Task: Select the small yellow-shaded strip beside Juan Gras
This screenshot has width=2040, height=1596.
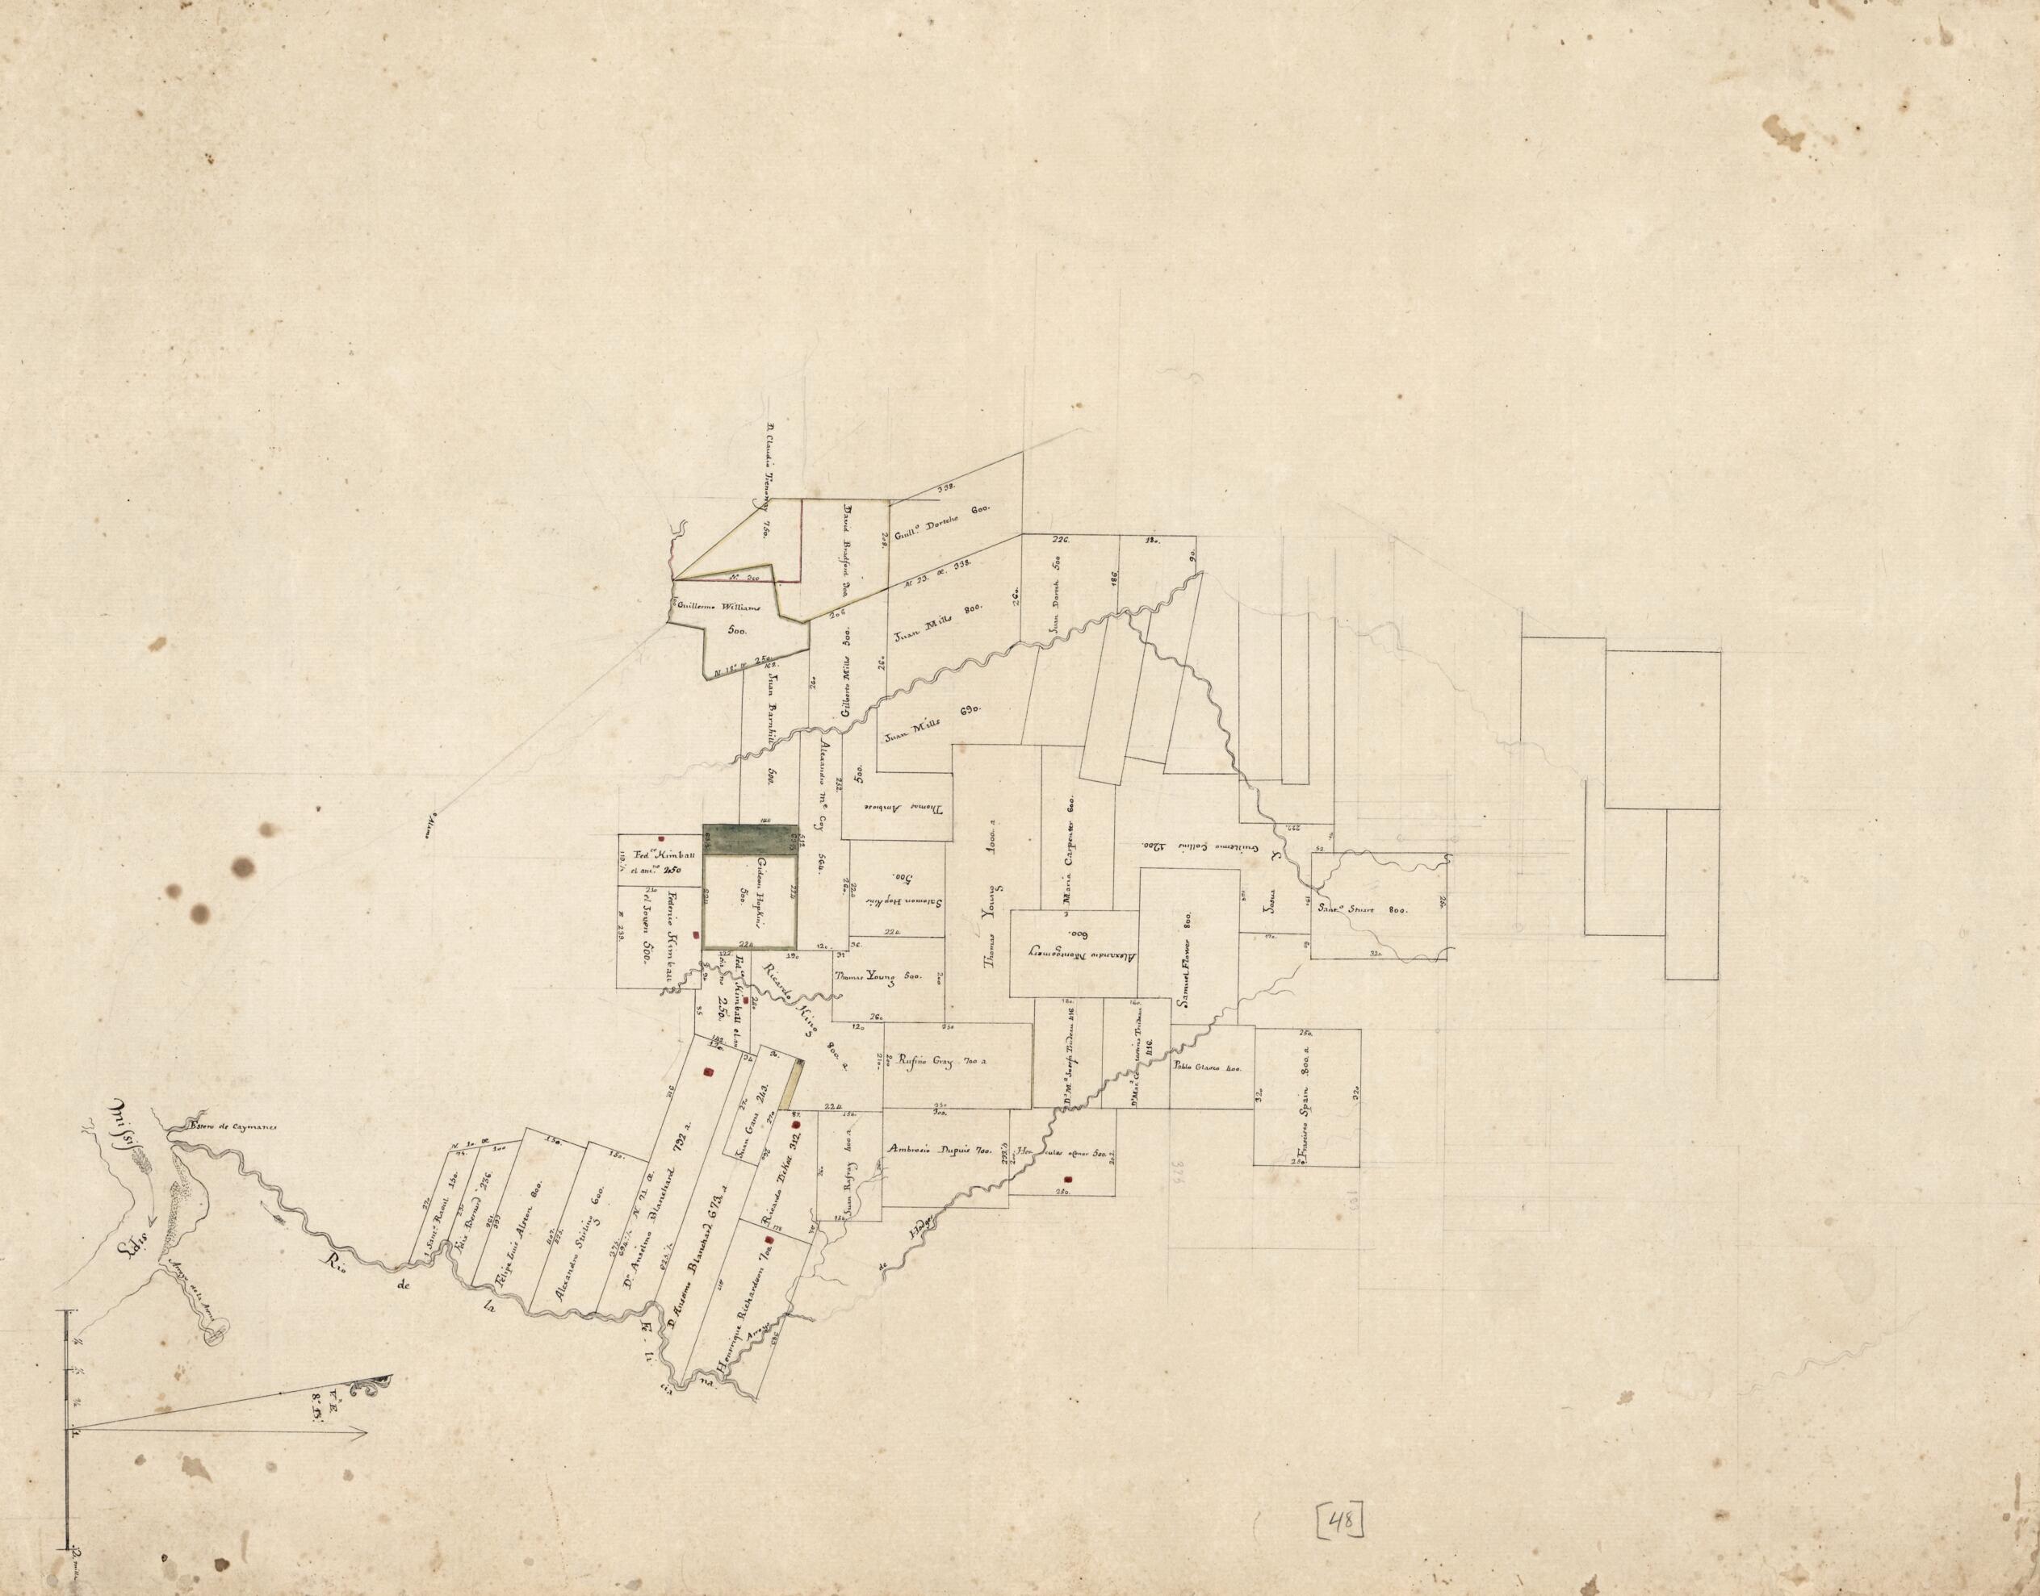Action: pos(794,1088)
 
